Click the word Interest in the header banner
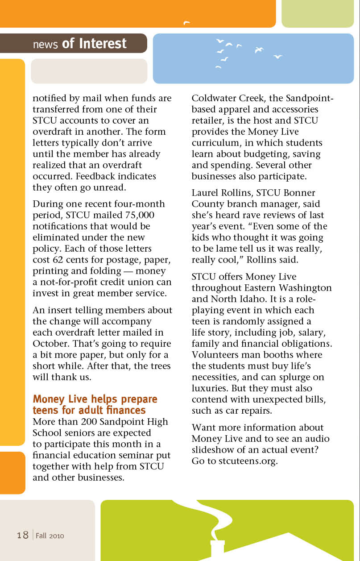(x=103, y=43)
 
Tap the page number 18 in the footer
(x=23, y=535)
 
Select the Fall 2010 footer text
(x=50, y=536)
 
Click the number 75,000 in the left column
(x=133, y=215)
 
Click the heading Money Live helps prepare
(x=95, y=399)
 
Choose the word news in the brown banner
(x=46, y=44)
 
